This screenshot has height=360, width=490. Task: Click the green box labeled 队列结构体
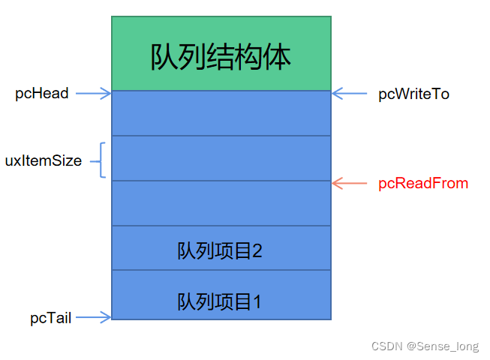coord(221,54)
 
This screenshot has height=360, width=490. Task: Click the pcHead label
coord(42,94)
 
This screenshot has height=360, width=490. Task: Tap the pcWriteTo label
coord(413,94)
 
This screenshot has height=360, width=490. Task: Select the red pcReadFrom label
coord(423,183)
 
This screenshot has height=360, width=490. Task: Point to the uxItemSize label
coord(43,160)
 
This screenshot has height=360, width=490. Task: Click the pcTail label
coord(51,318)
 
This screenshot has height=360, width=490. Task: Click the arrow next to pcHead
coord(93,94)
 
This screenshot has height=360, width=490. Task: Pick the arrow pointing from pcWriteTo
coord(348,94)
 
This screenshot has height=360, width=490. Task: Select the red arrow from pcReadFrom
coord(350,183)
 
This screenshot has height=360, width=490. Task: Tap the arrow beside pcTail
coord(94,317)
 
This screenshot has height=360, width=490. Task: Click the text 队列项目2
coord(220,250)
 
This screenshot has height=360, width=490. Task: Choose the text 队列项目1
coord(220,302)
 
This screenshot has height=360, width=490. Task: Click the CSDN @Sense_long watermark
coord(425,346)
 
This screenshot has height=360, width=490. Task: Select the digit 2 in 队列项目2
coord(257,250)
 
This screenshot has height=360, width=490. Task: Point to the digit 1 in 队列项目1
coord(257,302)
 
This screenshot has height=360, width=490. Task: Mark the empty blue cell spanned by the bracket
coord(221,158)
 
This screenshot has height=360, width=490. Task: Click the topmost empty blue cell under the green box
coord(221,113)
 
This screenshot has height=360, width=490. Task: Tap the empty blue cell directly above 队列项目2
coord(221,203)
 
